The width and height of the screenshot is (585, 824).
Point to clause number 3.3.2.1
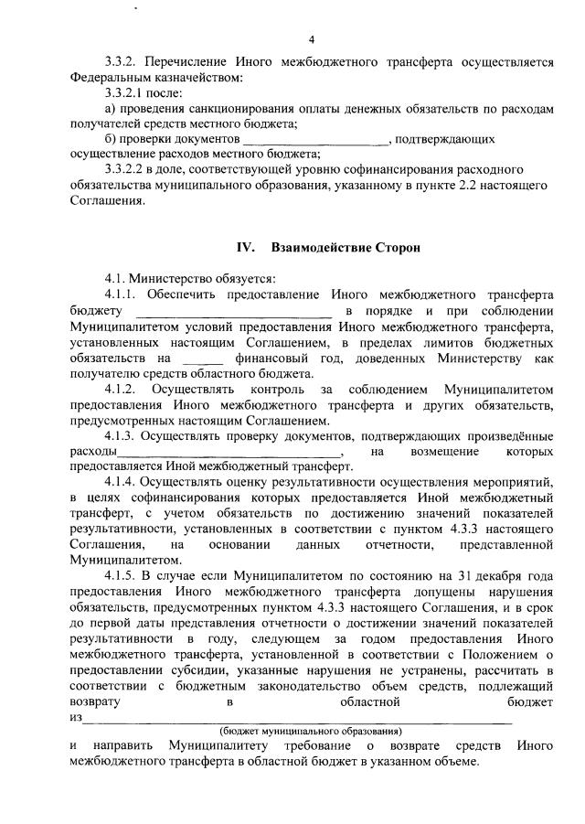click(131, 93)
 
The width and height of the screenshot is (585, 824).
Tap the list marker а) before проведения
click(112, 109)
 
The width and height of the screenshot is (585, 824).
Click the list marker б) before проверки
click(112, 139)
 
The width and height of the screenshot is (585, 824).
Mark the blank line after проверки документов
click(314, 141)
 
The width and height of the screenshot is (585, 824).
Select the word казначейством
click(200, 78)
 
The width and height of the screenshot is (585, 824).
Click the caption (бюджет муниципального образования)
click(311, 732)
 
